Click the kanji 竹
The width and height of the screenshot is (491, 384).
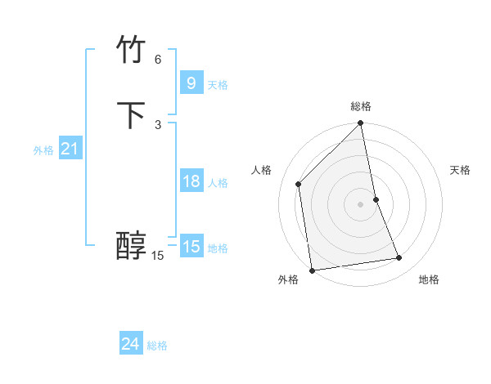131,51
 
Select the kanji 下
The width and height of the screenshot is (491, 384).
131,115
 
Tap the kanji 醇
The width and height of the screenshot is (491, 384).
131,246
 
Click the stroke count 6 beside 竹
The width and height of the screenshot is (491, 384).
158,60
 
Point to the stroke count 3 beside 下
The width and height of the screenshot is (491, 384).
158,124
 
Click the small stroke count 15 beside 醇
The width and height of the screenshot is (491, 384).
158,256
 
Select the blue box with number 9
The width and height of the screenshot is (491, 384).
191,83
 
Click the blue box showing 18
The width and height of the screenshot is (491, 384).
191,181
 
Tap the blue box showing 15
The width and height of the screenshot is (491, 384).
191,246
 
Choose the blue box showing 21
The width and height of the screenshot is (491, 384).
70,149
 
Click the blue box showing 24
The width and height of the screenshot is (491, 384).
130,344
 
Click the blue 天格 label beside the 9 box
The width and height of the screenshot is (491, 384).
218,84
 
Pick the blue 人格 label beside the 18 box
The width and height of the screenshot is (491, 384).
218,183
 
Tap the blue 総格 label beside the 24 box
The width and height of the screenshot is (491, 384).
157,346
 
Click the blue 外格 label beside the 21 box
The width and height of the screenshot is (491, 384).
43,150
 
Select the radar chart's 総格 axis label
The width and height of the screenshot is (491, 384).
361,106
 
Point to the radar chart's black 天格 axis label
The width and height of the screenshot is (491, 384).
460,170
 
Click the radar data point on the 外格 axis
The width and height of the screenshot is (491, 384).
312,270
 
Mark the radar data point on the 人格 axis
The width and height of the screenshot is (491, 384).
299,184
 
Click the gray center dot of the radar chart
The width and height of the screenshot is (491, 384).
361,203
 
